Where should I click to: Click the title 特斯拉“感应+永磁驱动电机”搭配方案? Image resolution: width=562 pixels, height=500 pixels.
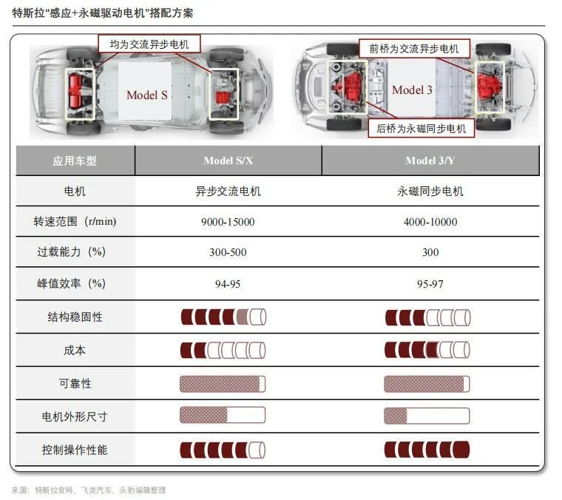[x=104, y=13]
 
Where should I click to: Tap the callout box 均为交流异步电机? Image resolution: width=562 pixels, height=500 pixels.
[x=149, y=44]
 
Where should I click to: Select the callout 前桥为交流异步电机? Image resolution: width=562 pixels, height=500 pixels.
[x=414, y=49]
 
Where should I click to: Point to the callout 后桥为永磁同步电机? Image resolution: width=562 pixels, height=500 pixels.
[x=421, y=129]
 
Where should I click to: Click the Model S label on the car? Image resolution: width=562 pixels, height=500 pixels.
[x=146, y=95]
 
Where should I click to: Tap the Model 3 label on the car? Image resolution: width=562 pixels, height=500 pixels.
[x=412, y=90]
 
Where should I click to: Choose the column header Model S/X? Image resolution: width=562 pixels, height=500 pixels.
[x=228, y=161]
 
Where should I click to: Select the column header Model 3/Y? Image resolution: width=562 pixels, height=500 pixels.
[x=430, y=161]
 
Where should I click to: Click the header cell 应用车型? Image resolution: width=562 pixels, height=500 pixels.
[x=75, y=161]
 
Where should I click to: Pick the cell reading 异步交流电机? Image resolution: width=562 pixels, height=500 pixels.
[x=228, y=192]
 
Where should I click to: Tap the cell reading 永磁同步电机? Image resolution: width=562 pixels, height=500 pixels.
[x=430, y=192]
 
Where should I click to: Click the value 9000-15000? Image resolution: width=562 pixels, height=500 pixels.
[x=228, y=222]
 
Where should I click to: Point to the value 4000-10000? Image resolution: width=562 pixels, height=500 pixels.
[x=430, y=222]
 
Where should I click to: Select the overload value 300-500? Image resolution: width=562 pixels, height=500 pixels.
[x=228, y=252]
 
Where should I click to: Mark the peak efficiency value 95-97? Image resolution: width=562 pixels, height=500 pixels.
[x=430, y=283]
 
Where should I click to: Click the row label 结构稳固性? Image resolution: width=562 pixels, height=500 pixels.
[x=75, y=317]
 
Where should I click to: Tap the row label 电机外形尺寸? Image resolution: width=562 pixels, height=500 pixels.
[x=75, y=416]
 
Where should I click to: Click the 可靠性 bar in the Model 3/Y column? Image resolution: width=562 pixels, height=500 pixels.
[x=427, y=384]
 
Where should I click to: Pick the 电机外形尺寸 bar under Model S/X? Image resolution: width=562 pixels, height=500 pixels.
[x=223, y=416]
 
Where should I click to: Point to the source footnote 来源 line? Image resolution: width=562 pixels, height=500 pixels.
[x=89, y=490]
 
